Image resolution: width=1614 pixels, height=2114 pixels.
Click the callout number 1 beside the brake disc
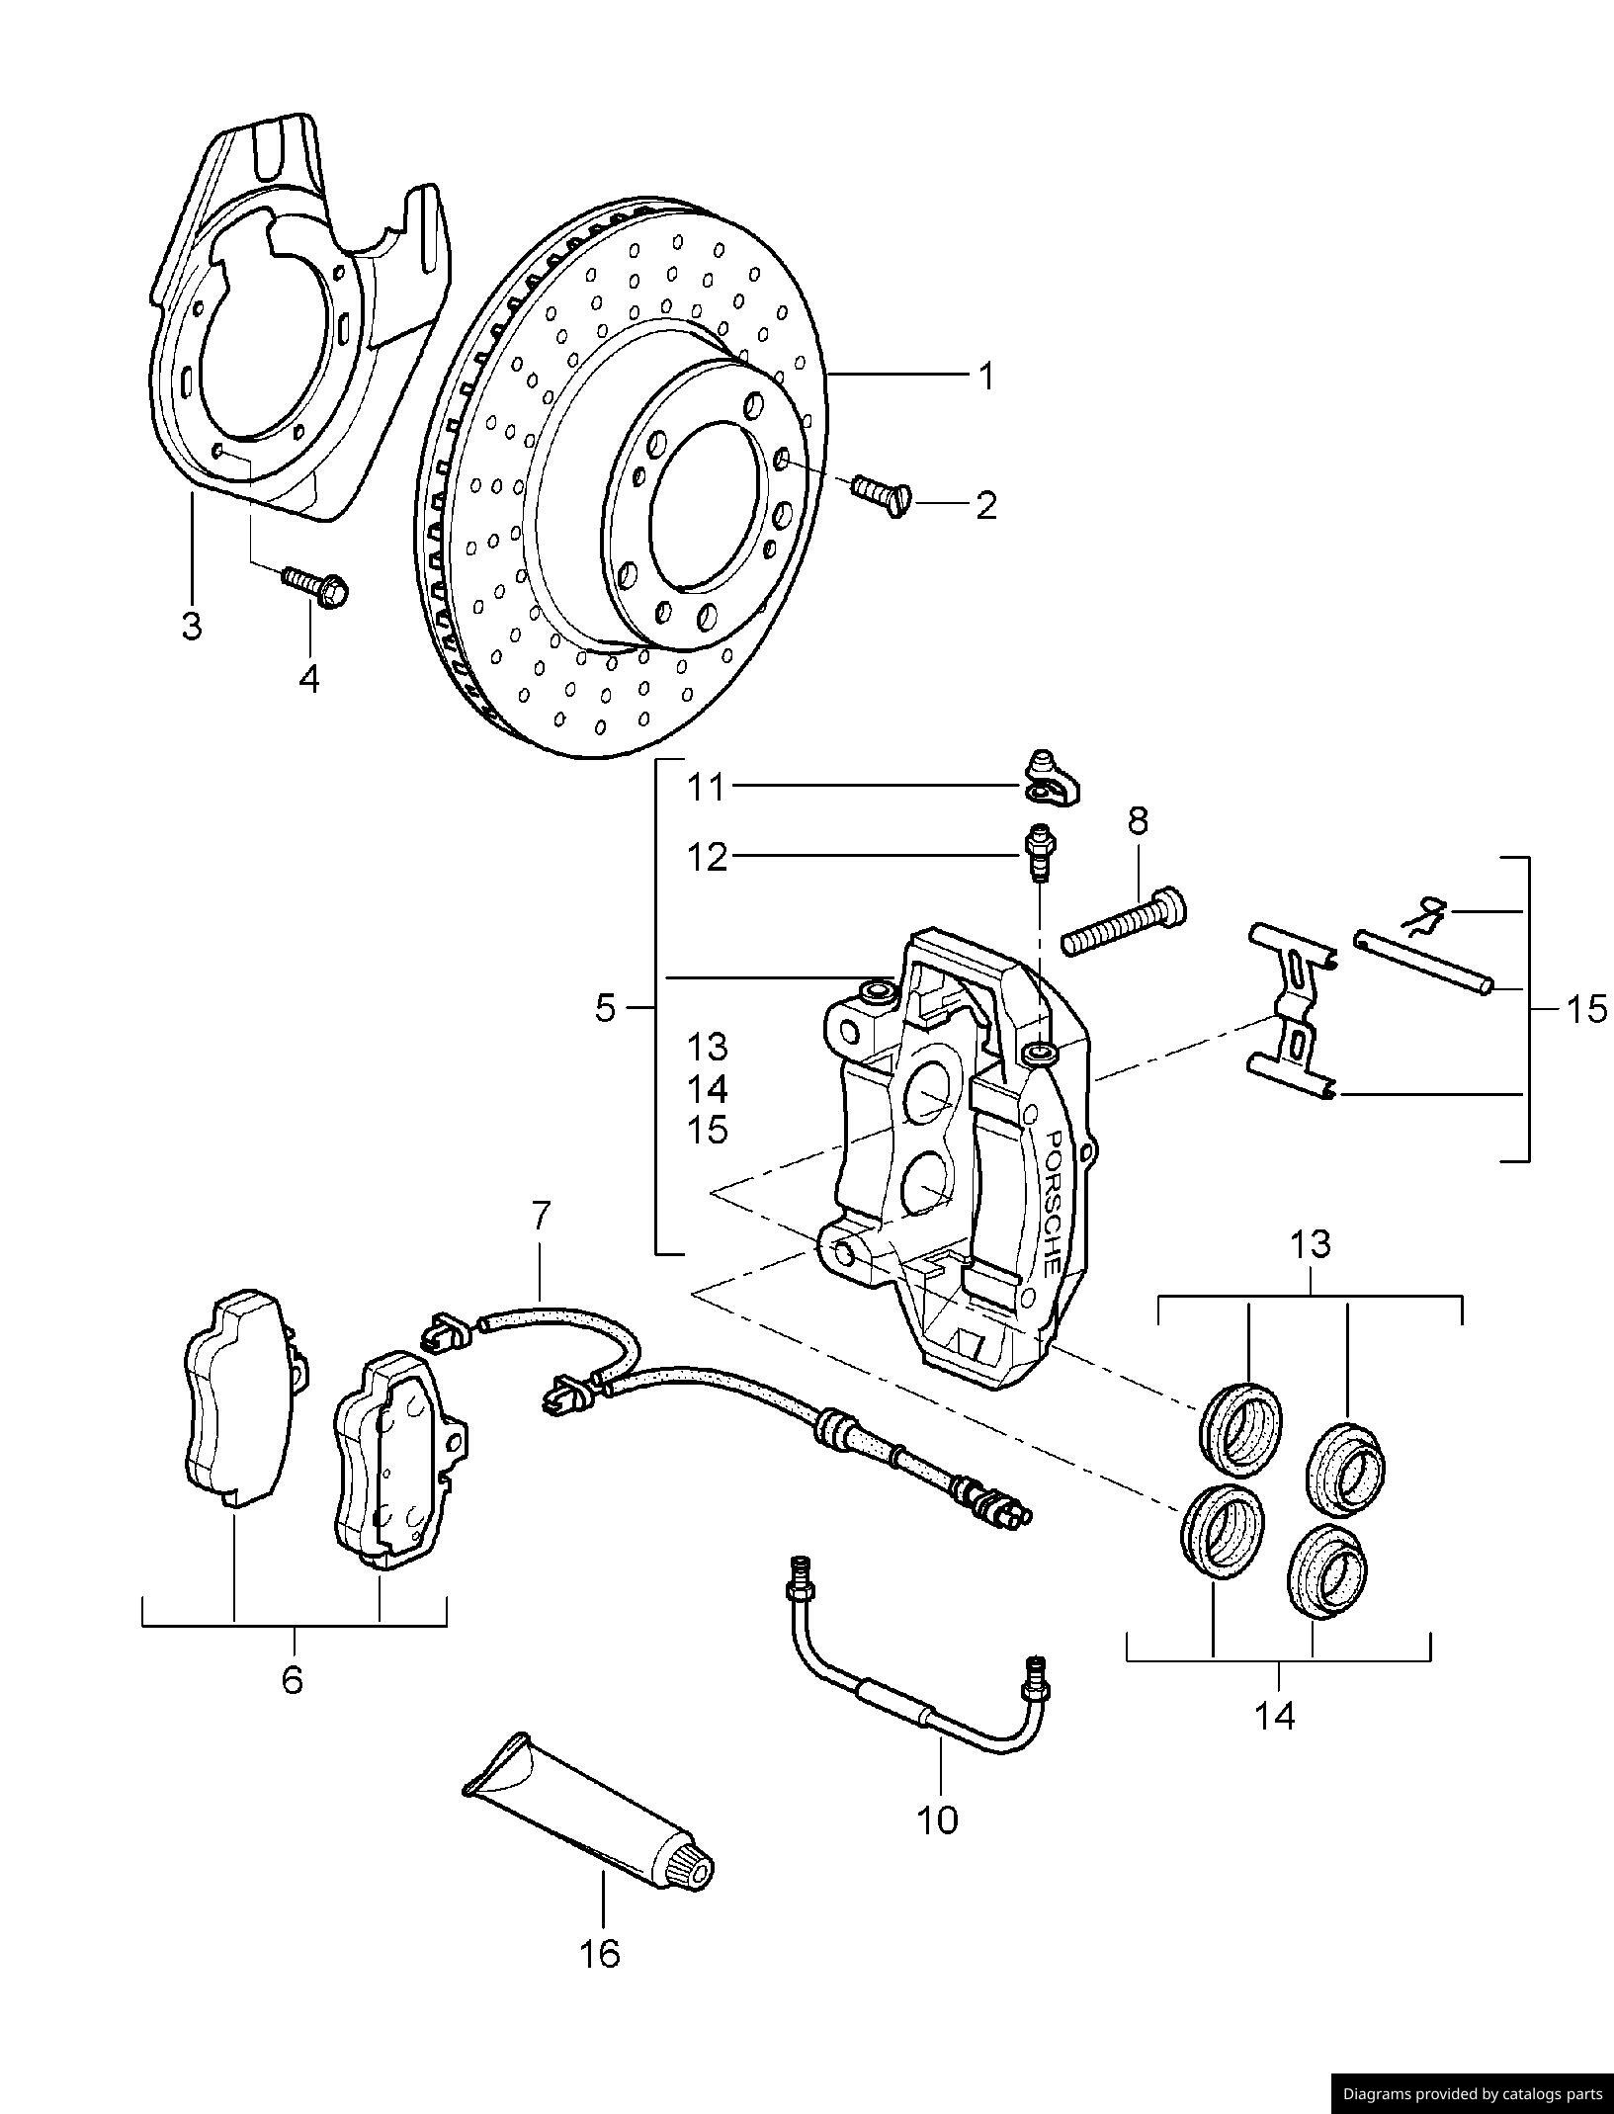[x=985, y=377]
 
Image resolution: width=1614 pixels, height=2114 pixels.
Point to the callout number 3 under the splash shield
[x=192, y=625]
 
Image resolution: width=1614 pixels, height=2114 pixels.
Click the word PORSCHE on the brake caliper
[x=1052, y=1201]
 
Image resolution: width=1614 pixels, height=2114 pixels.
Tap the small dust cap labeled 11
[x=1050, y=781]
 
